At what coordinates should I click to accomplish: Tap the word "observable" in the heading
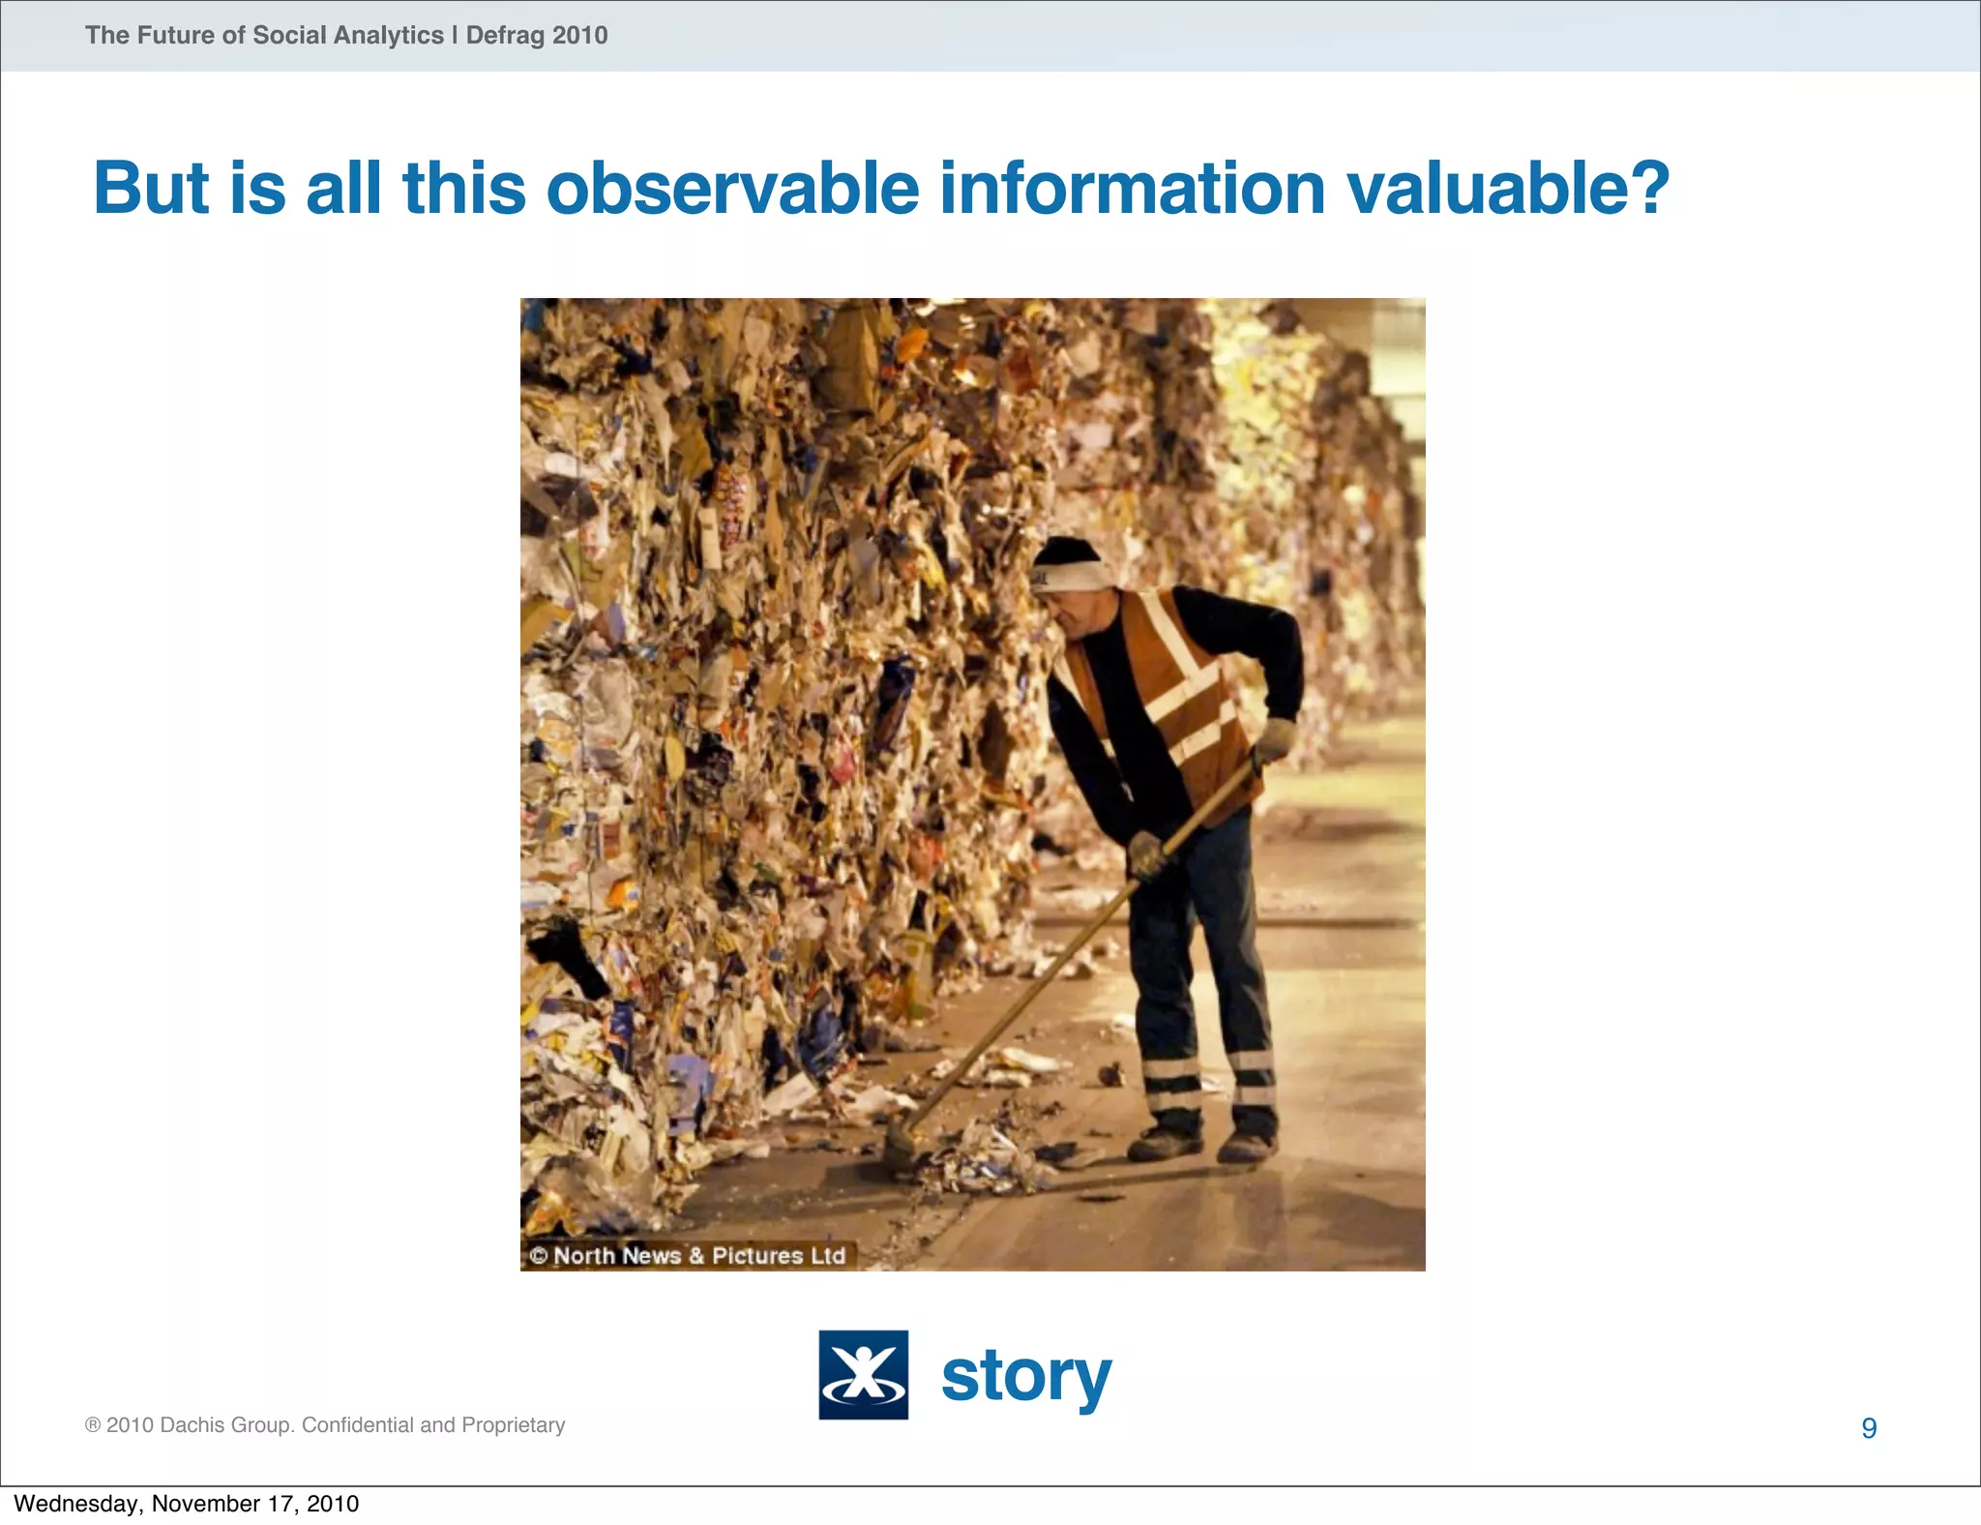(x=732, y=188)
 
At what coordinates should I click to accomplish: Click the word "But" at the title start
(x=151, y=188)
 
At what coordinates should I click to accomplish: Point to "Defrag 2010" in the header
(x=537, y=36)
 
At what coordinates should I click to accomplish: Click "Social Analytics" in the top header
(x=348, y=36)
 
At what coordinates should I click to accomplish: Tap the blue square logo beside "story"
(x=863, y=1374)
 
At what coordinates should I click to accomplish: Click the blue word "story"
(x=1026, y=1376)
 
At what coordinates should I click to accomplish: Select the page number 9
(x=1869, y=1428)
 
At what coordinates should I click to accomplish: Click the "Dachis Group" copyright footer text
(x=325, y=1425)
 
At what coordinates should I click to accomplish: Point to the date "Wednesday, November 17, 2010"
(x=187, y=1504)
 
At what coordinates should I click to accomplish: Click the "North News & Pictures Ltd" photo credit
(x=688, y=1256)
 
